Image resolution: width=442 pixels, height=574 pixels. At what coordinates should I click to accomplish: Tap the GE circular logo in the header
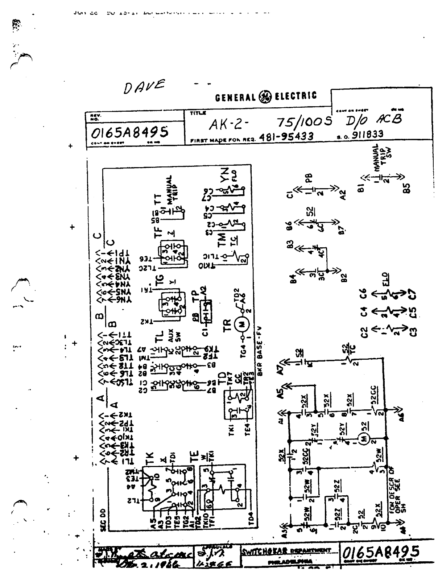click(264, 97)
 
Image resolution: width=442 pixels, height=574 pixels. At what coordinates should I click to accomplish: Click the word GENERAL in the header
click(235, 97)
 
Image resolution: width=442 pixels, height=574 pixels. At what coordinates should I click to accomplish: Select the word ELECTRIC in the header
click(296, 96)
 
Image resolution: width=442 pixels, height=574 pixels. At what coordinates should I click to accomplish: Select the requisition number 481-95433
click(286, 136)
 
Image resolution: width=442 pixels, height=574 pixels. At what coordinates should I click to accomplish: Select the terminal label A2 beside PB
click(343, 195)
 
